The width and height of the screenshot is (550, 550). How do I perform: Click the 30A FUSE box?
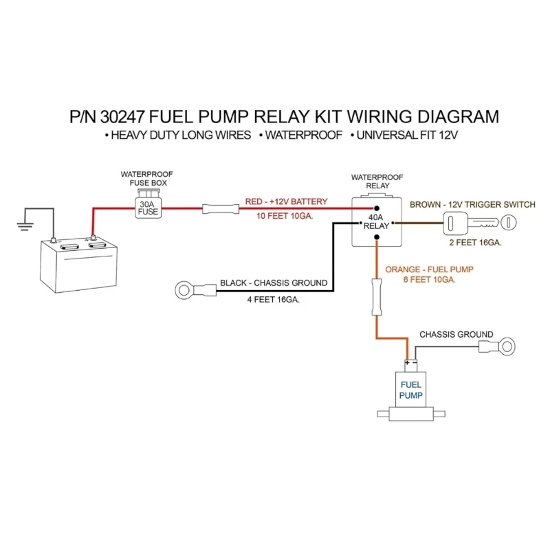(x=148, y=208)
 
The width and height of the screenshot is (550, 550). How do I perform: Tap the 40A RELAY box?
(x=376, y=221)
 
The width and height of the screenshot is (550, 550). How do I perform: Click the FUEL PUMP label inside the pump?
(x=412, y=390)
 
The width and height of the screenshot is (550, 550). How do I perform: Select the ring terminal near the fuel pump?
(x=507, y=344)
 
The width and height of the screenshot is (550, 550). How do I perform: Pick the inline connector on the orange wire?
(x=376, y=296)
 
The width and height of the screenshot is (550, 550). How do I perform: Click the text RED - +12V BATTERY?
(x=286, y=202)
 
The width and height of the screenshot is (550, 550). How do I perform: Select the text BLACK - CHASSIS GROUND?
(x=274, y=283)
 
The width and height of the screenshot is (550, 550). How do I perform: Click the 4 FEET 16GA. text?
(x=274, y=300)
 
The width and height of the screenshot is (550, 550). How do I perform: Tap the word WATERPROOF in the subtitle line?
(x=301, y=135)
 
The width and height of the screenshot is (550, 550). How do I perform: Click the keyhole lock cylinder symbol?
(x=508, y=221)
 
